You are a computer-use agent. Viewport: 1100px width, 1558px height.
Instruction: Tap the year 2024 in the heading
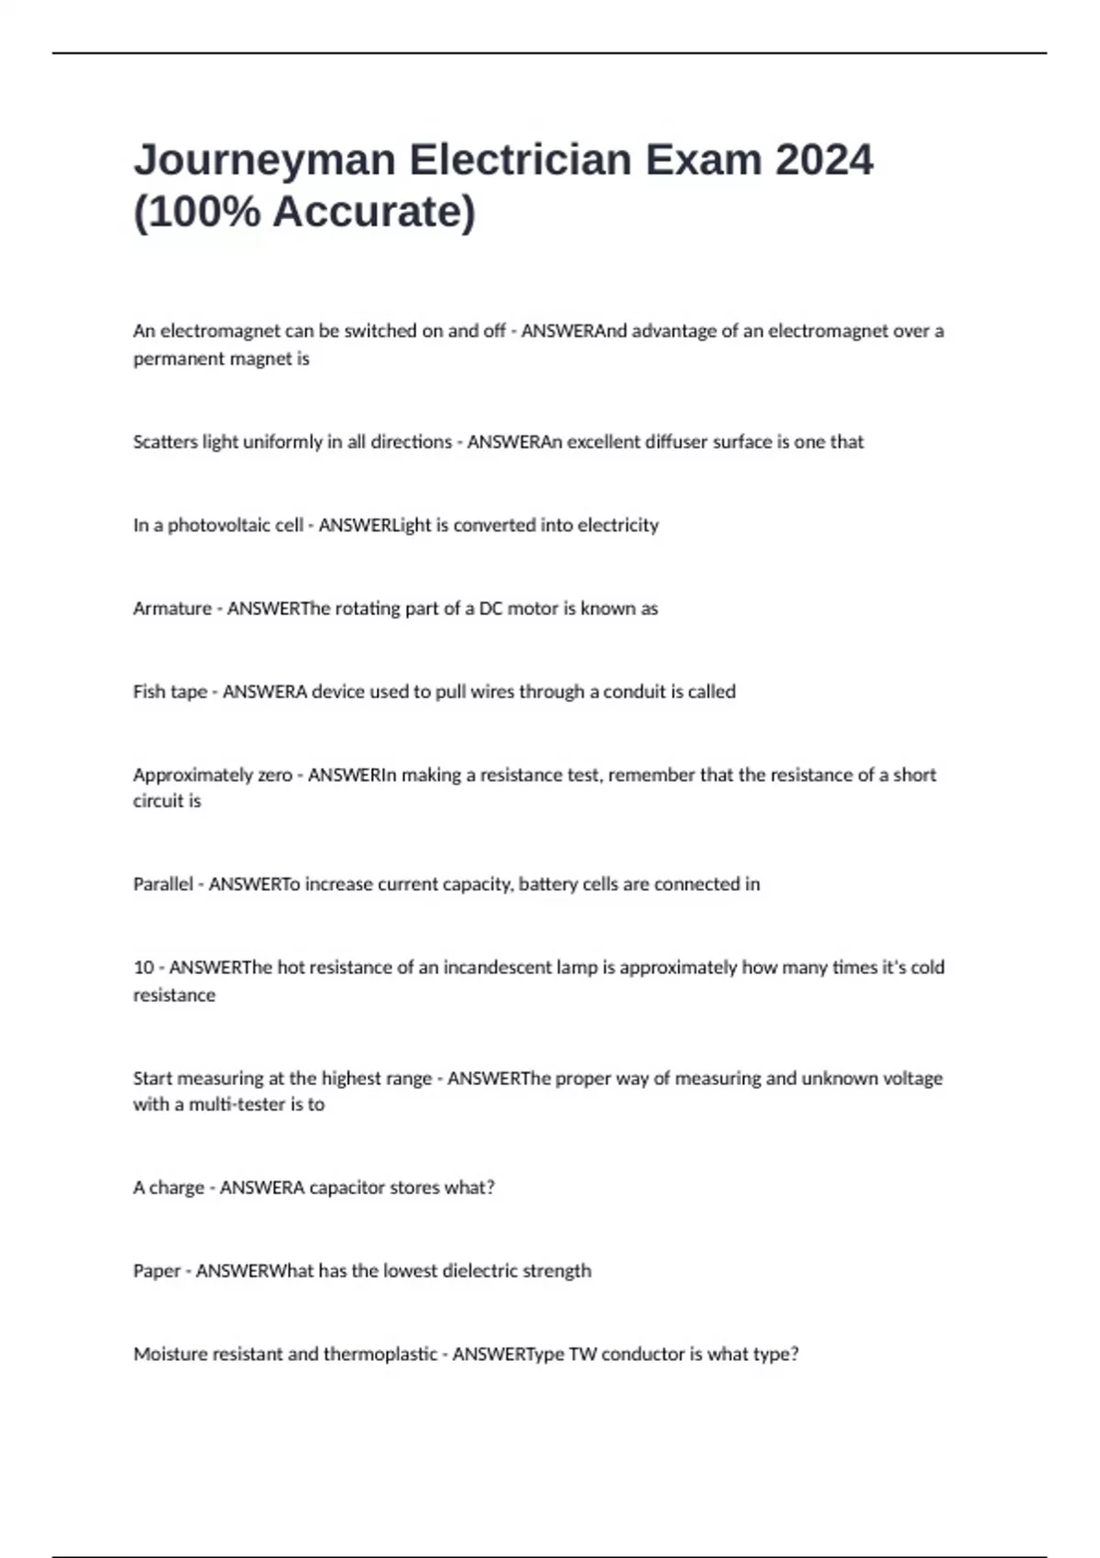tap(824, 160)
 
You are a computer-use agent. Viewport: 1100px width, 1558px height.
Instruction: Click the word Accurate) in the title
tap(374, 212)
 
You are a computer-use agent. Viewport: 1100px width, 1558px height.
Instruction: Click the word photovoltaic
tap(235, 525)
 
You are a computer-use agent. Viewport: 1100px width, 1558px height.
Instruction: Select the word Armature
tap(172, 609)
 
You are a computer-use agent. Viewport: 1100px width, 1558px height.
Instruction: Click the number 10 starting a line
tap(144, 968)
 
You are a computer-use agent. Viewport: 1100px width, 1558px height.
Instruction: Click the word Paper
tap(157, 1271)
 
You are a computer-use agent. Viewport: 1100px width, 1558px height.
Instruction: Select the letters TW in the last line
tap(582, 1355)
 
